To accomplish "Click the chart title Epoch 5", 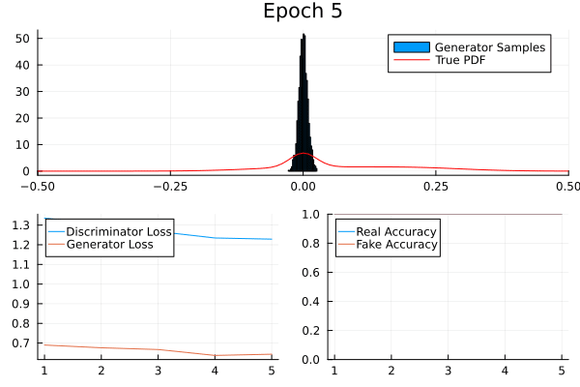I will (x=303, y=13).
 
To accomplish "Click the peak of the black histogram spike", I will (x=304, y=36).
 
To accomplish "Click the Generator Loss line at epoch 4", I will (x=215, y=355).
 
